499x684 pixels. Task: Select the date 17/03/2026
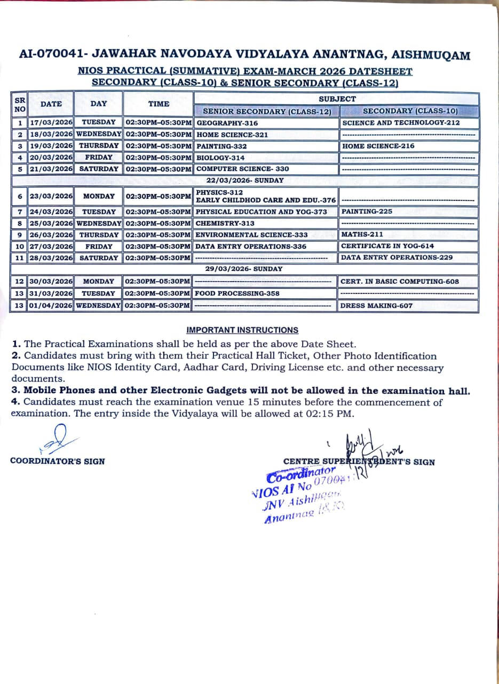(x=51, y=123)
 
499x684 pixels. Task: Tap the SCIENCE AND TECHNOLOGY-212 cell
(x=401, y=123)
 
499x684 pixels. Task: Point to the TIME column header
(x=159, y=104)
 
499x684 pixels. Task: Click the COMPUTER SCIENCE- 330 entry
(x=242, y=169)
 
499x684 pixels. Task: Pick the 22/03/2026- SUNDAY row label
(x=245, y=181)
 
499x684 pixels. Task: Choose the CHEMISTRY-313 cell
(x=225, y=223)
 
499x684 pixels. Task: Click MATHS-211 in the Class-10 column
(x=362, y=235)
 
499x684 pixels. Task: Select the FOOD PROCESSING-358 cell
(x=237, y=293)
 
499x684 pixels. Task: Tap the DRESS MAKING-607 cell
(x=376, y=306)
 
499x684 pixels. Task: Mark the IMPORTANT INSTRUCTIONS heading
(x=242, y=330)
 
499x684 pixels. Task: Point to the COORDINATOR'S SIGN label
(x=58, y=461)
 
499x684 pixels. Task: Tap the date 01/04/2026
(x=51, y=306)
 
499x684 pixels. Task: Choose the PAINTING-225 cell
(x=367, y=212)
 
